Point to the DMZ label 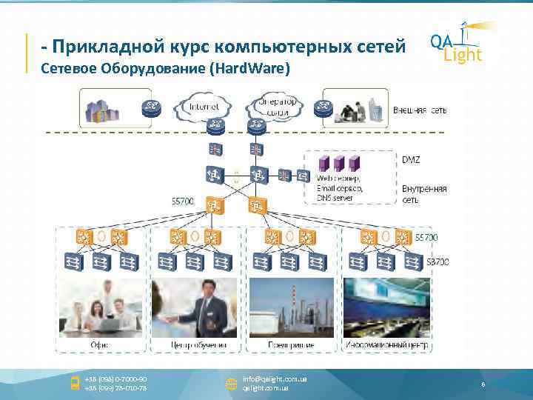click(x=411, y=159)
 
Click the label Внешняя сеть click(x=420, y=110)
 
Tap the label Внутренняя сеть click(x=424, y=194)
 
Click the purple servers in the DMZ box click(x=338, y=163)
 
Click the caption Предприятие click(x=291, y=345)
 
